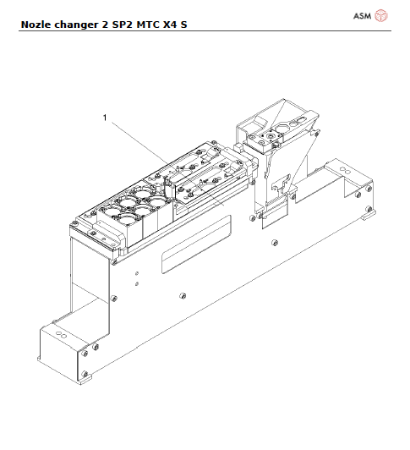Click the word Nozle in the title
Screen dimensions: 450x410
pyautogui.click(x=35, y=25)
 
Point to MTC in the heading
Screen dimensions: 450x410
pyautogui.click(x=150, y=25)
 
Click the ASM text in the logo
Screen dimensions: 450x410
pyautogui.click(x=361, y=15)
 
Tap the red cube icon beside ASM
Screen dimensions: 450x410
pyautogui.click(x=381, y=15)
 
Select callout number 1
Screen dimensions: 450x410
pyautogui.click(x=105, y=119)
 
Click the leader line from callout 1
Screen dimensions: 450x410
pyautogui.click(x=139, y=140)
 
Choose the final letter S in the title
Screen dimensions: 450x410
pyautogui.click(x=185, y=25)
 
